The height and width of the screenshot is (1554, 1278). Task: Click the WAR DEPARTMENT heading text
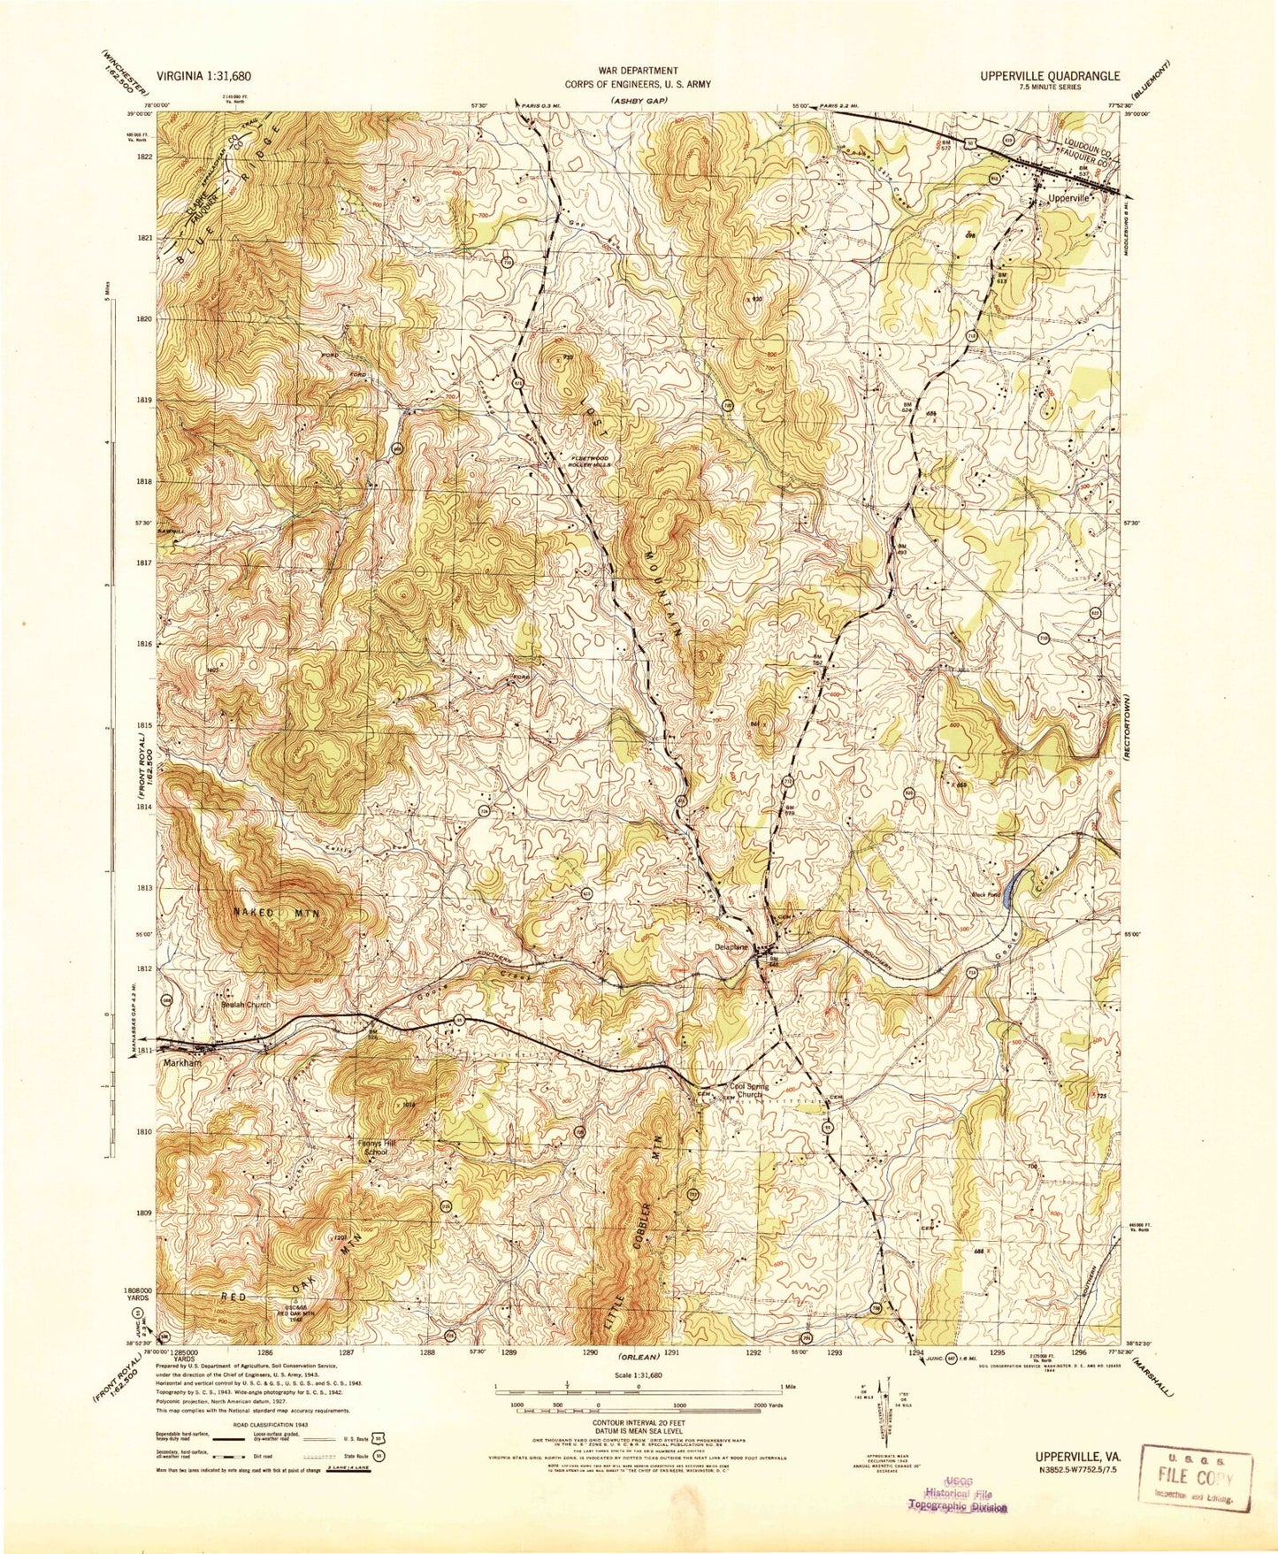(x=639, y=70)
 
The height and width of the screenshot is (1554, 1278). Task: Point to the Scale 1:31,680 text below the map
(x=639, y=1375)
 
